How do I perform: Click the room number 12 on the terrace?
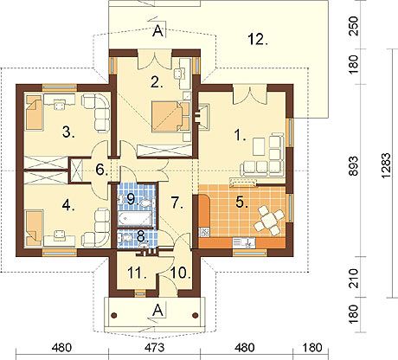pos(258,39)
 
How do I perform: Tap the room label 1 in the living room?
pos(240,135)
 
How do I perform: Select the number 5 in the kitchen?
pos(241,202)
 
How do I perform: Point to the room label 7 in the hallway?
pos(177,202)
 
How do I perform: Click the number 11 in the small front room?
pos(137,273)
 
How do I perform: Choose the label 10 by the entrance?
pos(181,273)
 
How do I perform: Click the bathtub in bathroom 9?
pos(135,218)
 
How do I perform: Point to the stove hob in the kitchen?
pos(205,232)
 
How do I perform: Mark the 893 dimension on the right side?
pos(354,166)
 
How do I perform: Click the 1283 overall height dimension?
pos(387,165)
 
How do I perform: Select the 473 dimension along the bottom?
pos(155,347)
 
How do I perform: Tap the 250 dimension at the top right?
pos(354,26)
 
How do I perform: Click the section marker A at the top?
pos(157,31)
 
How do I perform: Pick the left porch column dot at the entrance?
pos(114,315)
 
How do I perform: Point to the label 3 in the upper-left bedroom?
pos(67,132)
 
